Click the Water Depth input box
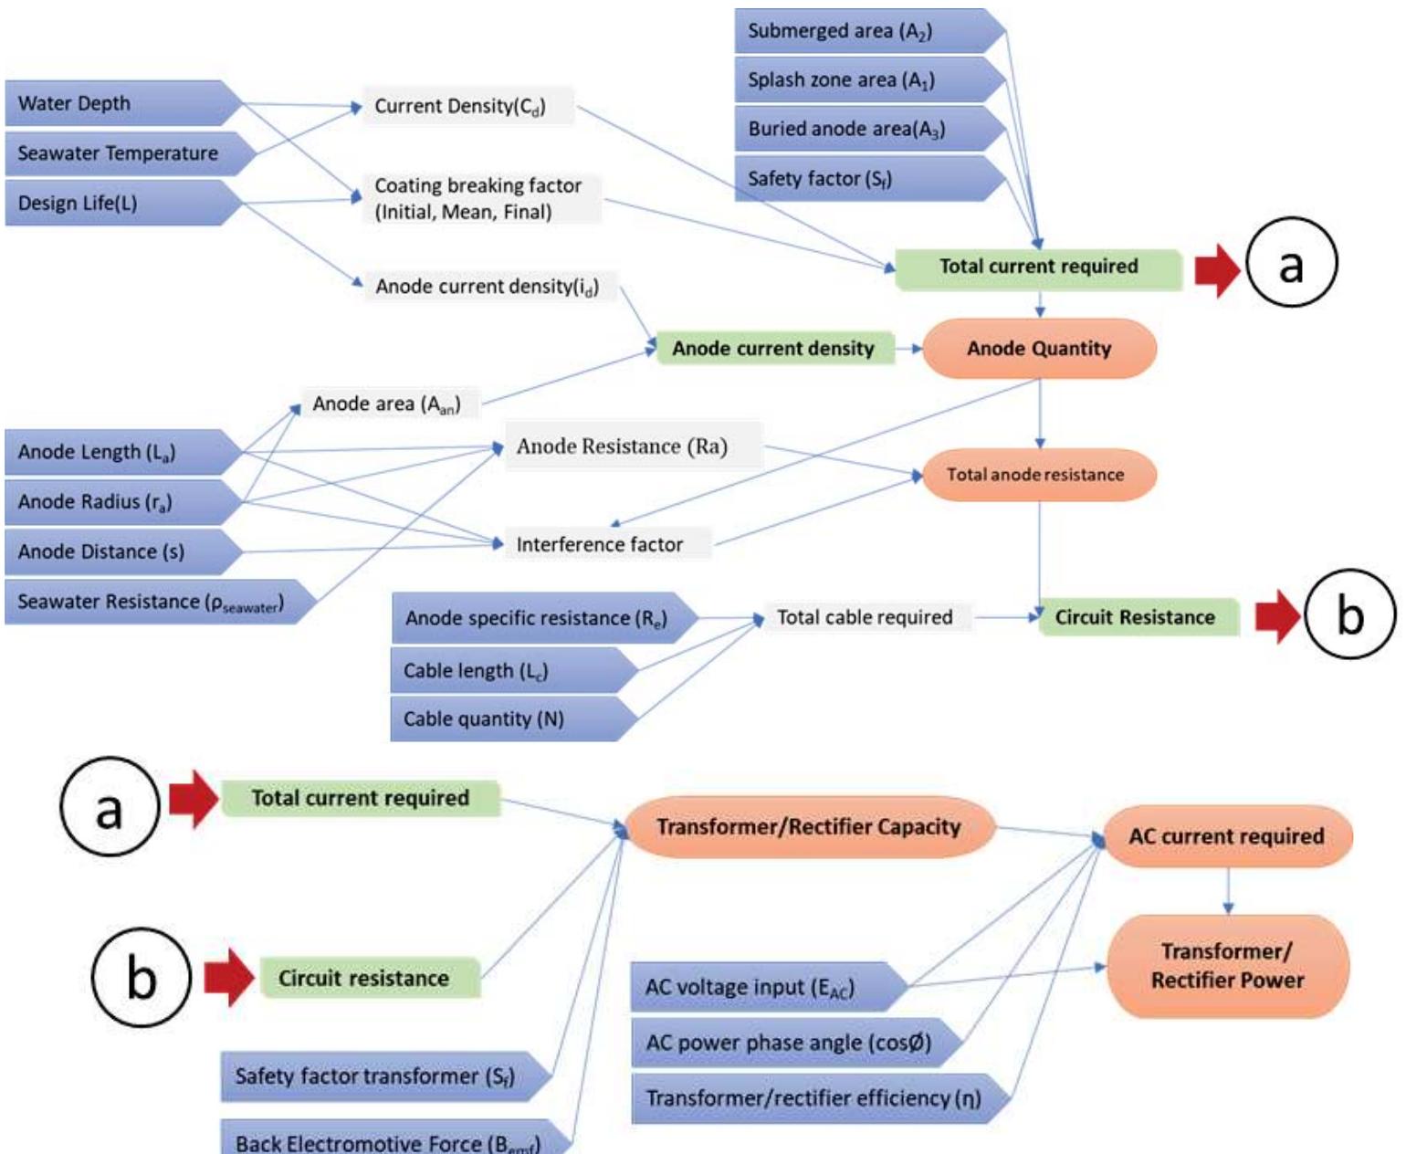pos(119,103)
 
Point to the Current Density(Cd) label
pos(460,107)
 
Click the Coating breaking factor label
pos(477,198)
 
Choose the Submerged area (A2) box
pos(863,31)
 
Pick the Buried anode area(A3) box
pos(863,129)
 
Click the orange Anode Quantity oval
pos(1039,349)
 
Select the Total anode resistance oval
pos(1037,475)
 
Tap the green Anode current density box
pos(773,349)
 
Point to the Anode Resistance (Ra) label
pos(623,446)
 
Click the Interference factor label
pos(600,545)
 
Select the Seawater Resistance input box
pos(155,603)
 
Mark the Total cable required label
pos(865,618)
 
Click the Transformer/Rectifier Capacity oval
pos(809,827)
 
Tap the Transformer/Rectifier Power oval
pos(1227,966)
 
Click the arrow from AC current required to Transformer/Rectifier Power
pos(1228,891)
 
